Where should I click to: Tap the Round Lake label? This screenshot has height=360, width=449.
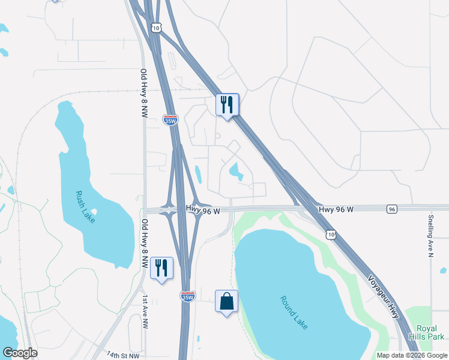(x=294, y=312)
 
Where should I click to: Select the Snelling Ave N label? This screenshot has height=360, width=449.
(x=430, y=236)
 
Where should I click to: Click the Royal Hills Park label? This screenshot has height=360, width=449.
(x=426, y=332)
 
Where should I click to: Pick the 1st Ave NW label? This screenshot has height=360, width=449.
(x=145, y=311)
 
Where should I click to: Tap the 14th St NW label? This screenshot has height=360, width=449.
(x=122, y=355)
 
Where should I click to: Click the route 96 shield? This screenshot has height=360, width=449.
(x=392, y=209)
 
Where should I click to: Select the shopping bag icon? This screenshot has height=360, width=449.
(x=227, y=301)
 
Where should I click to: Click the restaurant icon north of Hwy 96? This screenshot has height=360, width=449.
(x=227, y=104)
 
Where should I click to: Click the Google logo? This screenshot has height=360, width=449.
(x=20, y=353)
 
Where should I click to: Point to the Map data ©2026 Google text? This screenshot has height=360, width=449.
(x=412, y=355)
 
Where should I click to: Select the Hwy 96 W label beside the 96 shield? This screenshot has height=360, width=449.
(x=336, y=209)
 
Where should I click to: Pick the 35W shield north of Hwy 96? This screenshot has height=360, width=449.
(x=170, y=120)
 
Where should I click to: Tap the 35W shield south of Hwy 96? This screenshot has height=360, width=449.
(x=187, y=296)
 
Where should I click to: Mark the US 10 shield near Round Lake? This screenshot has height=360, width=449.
(x=331, y=234)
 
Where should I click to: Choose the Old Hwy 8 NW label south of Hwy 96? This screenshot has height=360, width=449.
(x=145, y=243)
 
